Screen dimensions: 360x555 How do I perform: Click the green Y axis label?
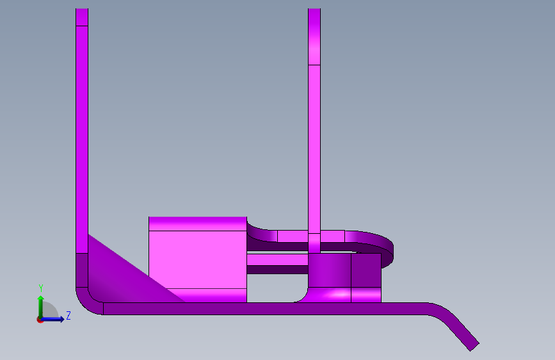coord(40,288)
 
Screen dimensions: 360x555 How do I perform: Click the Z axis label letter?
coord(68,316)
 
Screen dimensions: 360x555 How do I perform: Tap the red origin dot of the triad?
coord(40,319)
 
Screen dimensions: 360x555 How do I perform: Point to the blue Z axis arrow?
coord(54,318)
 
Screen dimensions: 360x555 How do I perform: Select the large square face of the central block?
coord(197,259)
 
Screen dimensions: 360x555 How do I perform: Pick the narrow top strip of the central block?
coord(197,224)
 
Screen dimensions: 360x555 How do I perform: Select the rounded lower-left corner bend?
coord(86,301)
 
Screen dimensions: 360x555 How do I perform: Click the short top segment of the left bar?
coord(81,17)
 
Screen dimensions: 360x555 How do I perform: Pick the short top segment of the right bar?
coord(314,37)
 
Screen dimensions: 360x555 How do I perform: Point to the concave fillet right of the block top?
coord(259,227)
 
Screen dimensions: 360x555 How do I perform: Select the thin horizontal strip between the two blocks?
coord(277,261)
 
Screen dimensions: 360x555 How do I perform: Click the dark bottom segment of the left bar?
coord(81,269)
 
